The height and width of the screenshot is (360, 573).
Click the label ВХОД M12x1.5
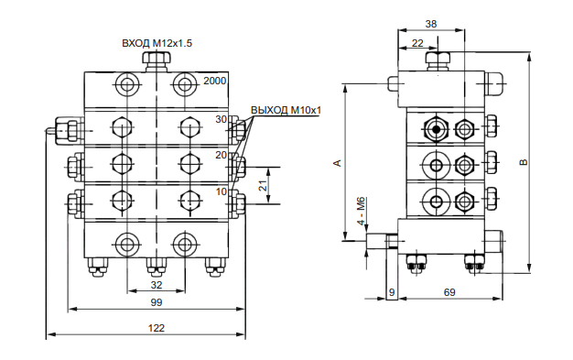[x=157, y=43]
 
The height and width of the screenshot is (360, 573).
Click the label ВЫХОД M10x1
[x=286, y=110]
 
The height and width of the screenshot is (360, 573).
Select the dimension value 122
[x=156, y=328]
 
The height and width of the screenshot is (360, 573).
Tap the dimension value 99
[x=156, y=302]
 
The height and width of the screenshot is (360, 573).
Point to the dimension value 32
[x=156, y=285]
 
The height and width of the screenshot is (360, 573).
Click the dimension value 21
[x=263, y=185]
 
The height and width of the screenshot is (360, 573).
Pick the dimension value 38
[x=431, y=24]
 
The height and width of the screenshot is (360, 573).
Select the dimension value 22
[x=417, y=43]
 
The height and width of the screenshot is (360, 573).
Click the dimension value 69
[x=449, y=292]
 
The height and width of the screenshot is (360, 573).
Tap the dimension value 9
[x=392, y=292]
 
